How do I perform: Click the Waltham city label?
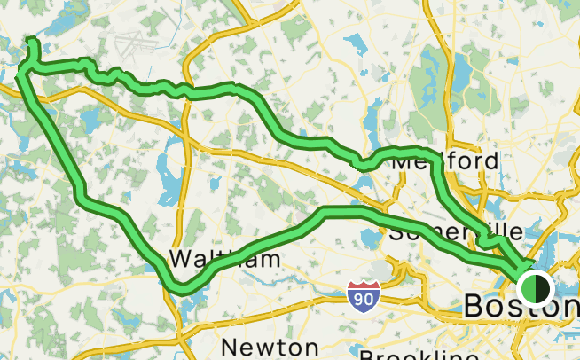[224, 260]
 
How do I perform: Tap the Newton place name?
[270, 346]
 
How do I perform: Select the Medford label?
[443, 162]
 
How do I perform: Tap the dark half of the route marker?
[543, 288]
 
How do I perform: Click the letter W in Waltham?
[181, 260]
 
